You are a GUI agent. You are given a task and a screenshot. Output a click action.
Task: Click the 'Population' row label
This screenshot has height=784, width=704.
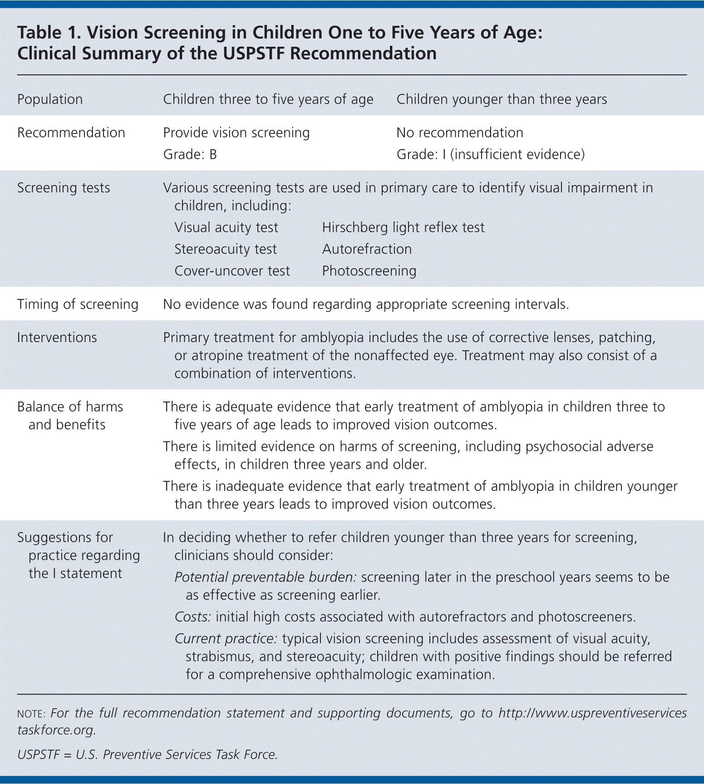[50, 99]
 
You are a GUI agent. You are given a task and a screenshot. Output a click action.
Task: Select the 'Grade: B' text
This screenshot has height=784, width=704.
[190, 155]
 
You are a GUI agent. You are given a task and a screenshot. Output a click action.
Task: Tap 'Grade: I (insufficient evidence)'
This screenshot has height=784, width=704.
[490, 155]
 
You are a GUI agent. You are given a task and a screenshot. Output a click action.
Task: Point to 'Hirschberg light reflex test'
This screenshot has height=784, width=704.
[403, 227]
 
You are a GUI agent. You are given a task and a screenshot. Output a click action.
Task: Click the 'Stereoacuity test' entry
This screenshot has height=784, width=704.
[226, 249]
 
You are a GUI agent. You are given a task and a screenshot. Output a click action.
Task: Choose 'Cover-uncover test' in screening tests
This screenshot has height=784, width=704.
[232, 271]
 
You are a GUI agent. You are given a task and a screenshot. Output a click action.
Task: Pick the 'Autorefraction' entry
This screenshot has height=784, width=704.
[367, 249]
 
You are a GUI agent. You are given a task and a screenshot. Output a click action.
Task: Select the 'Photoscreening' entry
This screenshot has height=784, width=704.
[369, 271]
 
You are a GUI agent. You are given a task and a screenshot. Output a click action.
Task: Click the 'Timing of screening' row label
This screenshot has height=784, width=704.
[78, 304]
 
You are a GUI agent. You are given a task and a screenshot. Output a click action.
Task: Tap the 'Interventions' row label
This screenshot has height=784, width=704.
[57, 338]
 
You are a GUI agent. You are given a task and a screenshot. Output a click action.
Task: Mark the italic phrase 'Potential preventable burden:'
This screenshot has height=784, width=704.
[266, 577]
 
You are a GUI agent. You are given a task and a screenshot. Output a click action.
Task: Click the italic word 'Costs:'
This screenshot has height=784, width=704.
[193, 617]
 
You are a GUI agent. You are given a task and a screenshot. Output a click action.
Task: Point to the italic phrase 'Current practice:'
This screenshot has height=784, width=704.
[226, 639]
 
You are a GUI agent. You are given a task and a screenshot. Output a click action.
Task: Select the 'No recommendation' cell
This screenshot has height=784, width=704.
[460, 132]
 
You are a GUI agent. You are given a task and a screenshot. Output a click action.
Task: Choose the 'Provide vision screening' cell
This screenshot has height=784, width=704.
[236, 132]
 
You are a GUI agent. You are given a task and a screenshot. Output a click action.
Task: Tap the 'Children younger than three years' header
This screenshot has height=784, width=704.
[502, 99]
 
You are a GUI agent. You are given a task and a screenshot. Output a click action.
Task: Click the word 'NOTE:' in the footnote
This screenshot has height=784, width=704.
[31, 714]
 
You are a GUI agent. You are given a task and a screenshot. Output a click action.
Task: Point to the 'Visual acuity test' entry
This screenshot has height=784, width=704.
[226, 227]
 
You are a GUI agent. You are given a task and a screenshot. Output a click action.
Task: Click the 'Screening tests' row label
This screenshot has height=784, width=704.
[64, 188]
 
